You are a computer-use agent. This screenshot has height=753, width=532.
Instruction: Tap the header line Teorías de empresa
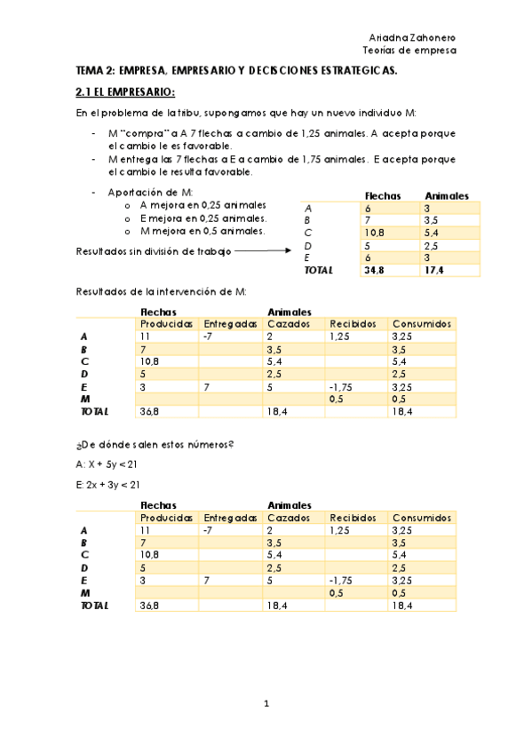tap(413, 51)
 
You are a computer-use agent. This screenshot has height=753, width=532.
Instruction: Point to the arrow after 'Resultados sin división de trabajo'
tap(264, 251)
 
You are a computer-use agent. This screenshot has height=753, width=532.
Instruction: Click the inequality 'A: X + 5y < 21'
tap(107, 464)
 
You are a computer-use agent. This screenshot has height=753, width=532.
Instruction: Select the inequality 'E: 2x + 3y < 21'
tap(108, 484)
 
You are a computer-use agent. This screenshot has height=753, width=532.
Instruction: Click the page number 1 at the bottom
tap(266, 705)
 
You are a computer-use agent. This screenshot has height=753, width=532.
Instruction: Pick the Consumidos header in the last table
tap(423, 518)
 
